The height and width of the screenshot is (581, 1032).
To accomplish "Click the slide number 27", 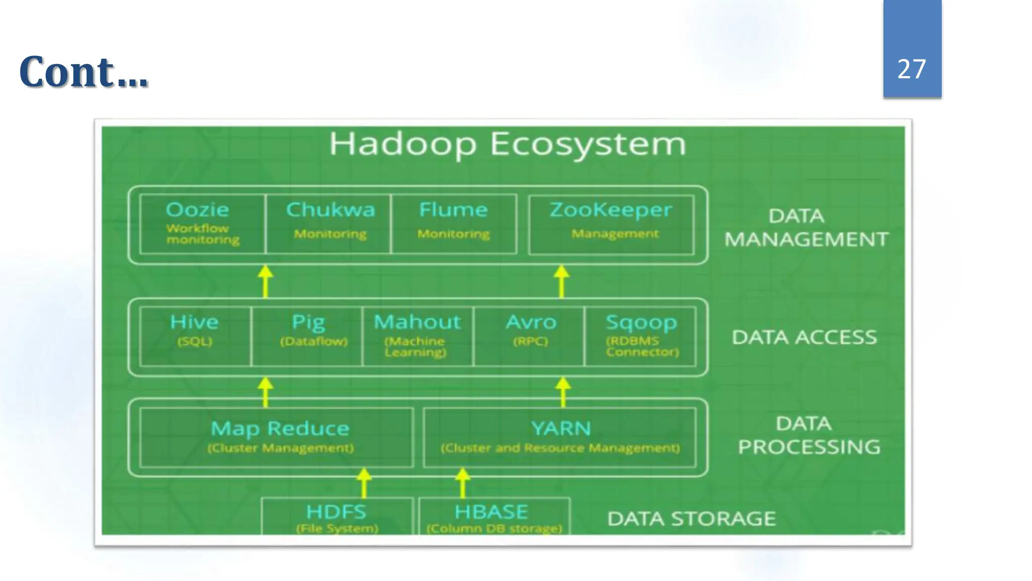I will pyautogui.click(x=912, y=69).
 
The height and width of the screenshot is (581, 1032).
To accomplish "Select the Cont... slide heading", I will pyautogui.click(x=84, y=72).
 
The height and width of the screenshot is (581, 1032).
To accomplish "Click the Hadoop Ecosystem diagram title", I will pyautogui.click(x=507, y=144).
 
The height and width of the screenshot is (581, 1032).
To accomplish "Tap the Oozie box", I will pyautogui.click(x=202, y=224).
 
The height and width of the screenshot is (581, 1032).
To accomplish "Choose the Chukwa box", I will pyautogui.click(x=329, y=224).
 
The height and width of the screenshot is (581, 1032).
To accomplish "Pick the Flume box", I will pyautogui.click(x=454, y=224).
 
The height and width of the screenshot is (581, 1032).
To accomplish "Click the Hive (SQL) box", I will pyautogui.click(x=195, y=336).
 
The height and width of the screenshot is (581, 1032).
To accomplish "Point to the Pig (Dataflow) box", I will pyautogui.click(x=307, y=336).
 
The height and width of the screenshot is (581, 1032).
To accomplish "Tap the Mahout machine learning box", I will pyautogui.click(x=418, y=336).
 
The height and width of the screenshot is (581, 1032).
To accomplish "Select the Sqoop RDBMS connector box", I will pyautogui.click(x=640, y=336).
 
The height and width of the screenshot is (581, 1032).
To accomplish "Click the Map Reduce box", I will pyautogui.click(x=276, y=437).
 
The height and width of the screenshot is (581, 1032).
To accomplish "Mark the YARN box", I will pyautogui.click(x=560, y=437).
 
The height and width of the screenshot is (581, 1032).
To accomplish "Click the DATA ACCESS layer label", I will pyautogui.click(x=804, y=337).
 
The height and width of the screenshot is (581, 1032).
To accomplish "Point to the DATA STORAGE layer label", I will pyautogui.click(x=691, y=519).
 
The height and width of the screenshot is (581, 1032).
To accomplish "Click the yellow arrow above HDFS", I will pyautogui.click(x=364, y=483).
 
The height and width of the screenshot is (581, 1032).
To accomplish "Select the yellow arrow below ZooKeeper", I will pyautogui.click(x=561, y=281).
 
